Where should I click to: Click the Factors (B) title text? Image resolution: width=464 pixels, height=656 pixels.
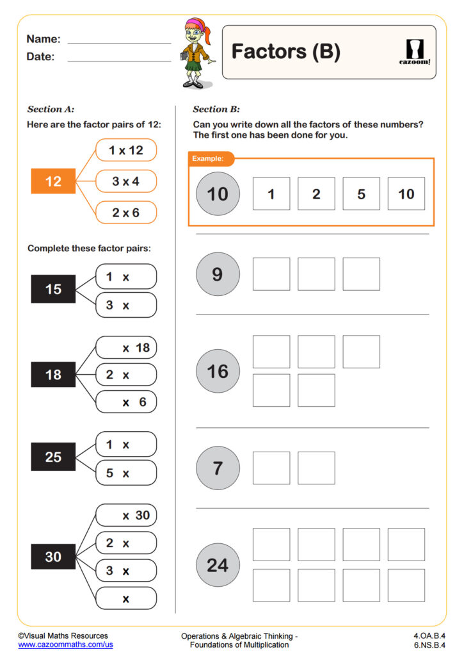pos(285,52)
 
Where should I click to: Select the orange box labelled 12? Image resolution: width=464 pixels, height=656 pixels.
pos(53,181)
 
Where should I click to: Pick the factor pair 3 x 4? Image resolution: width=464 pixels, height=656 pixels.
pos(126,181)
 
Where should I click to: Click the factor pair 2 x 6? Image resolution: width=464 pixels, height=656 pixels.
pos(126,213)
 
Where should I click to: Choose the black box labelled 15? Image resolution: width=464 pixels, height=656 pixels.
pos(53,289)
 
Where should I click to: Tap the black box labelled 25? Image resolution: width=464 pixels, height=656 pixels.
pos(53,457)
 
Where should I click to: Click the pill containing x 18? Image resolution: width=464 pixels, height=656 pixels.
pos(126,348)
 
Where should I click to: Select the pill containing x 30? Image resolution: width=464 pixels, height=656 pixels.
pos(126,515)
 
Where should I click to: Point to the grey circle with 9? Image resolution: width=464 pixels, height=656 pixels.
pos(218,274)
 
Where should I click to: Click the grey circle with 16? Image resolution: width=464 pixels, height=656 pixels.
pos(218,371)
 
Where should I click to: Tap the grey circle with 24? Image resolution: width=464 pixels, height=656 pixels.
pos(218,565)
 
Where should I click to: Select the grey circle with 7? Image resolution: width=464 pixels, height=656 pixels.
pos(218,468)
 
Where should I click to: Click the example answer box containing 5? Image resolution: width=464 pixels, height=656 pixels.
pos(361,194)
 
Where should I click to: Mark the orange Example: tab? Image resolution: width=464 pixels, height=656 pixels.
pos(211,158)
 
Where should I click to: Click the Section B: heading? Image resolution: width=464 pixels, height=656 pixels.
pos(216,110)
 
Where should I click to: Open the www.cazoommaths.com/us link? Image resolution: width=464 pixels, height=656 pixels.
pos(65,644)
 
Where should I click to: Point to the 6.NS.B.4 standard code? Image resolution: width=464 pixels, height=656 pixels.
pos(429,644)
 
